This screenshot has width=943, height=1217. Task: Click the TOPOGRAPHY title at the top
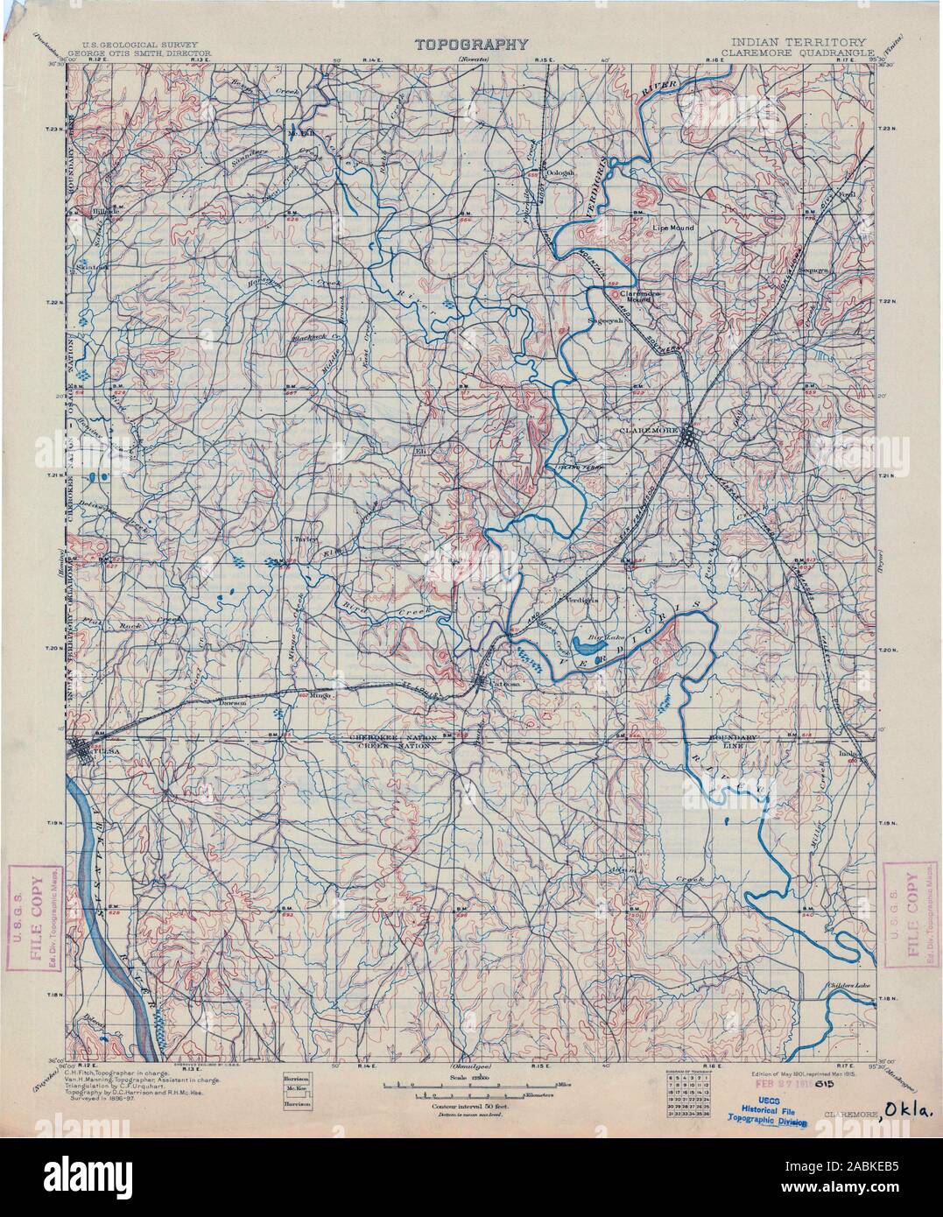click(471, 43)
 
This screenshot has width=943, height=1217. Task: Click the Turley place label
click(304, 539)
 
